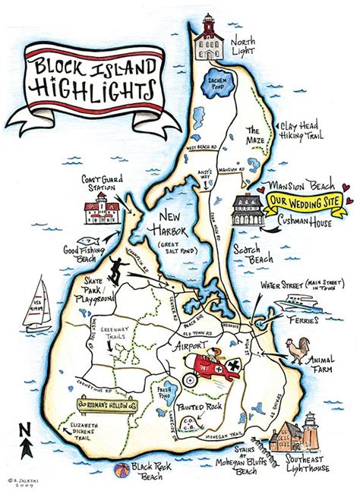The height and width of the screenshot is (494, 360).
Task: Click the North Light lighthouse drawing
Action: point(207,38)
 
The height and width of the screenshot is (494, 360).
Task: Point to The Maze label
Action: point(257,134)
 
